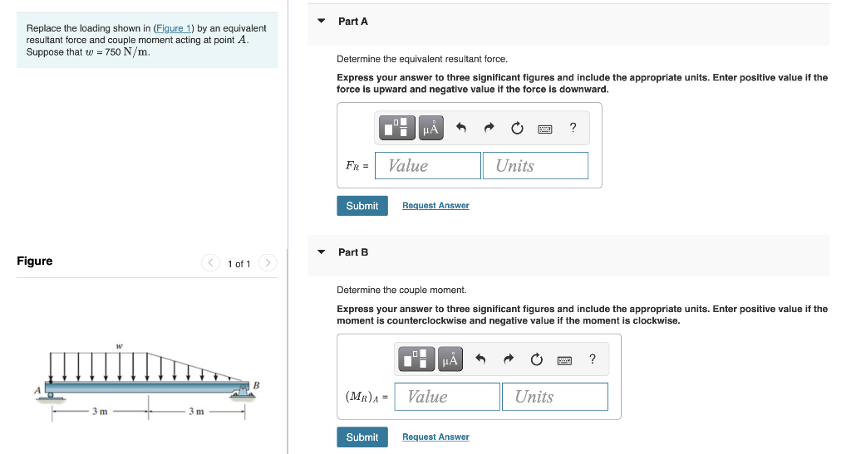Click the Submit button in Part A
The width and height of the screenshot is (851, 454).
coord(362,206)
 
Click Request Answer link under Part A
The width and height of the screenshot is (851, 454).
coord(435,206)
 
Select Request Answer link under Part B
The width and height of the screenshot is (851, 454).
coord(435,437)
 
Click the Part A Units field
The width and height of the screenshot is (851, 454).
coord(534,166)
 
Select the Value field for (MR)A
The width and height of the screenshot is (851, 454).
coord(447,397)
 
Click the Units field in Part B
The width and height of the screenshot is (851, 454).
coord(554,397)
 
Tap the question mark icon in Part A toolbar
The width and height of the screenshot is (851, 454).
coord(573,128)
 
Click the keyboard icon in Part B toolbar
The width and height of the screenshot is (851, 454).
coord(565,359)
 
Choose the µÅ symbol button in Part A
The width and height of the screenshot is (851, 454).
coord(430,128)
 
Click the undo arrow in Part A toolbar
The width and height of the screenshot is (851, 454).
coord(462,128)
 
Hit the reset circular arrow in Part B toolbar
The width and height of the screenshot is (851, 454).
coord(536,359)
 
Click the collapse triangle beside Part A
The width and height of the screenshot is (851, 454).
coord(322,21)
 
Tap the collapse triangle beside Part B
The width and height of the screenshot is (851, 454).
coord(322,251)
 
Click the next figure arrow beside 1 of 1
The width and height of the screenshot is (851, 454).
coord(267,263)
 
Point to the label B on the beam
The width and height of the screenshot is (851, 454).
coord(256,384)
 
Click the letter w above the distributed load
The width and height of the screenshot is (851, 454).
coord(119,347)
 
